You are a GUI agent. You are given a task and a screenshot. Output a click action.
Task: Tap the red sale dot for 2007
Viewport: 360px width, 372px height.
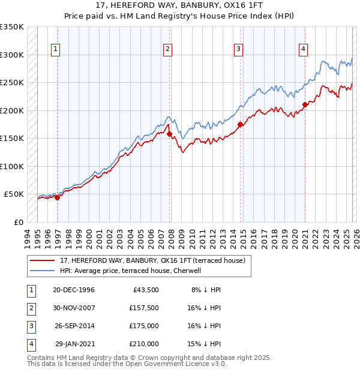tap(169, 134)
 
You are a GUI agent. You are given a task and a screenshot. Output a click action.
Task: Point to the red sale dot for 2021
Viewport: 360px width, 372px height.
tap(305, 104)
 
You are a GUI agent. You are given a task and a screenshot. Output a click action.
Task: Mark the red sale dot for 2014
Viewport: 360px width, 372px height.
tap(241, 124)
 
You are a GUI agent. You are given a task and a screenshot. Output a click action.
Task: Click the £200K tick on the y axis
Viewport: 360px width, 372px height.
tap(12, 110)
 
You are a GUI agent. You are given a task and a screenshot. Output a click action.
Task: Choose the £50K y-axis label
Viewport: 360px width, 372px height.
tap(14, 194)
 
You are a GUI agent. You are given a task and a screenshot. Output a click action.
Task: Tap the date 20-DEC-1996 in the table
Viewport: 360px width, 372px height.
tap(73, 290)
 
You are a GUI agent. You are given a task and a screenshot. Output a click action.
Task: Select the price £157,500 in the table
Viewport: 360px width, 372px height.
tap(143, 308)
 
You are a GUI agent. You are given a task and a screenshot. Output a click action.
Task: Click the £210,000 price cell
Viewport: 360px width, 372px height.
tap(143, 344)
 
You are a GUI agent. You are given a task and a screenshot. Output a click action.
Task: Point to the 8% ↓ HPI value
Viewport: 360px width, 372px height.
tap(206, 290)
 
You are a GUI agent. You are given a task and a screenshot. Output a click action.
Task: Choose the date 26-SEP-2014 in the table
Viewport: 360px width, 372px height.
tap(73, 326)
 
